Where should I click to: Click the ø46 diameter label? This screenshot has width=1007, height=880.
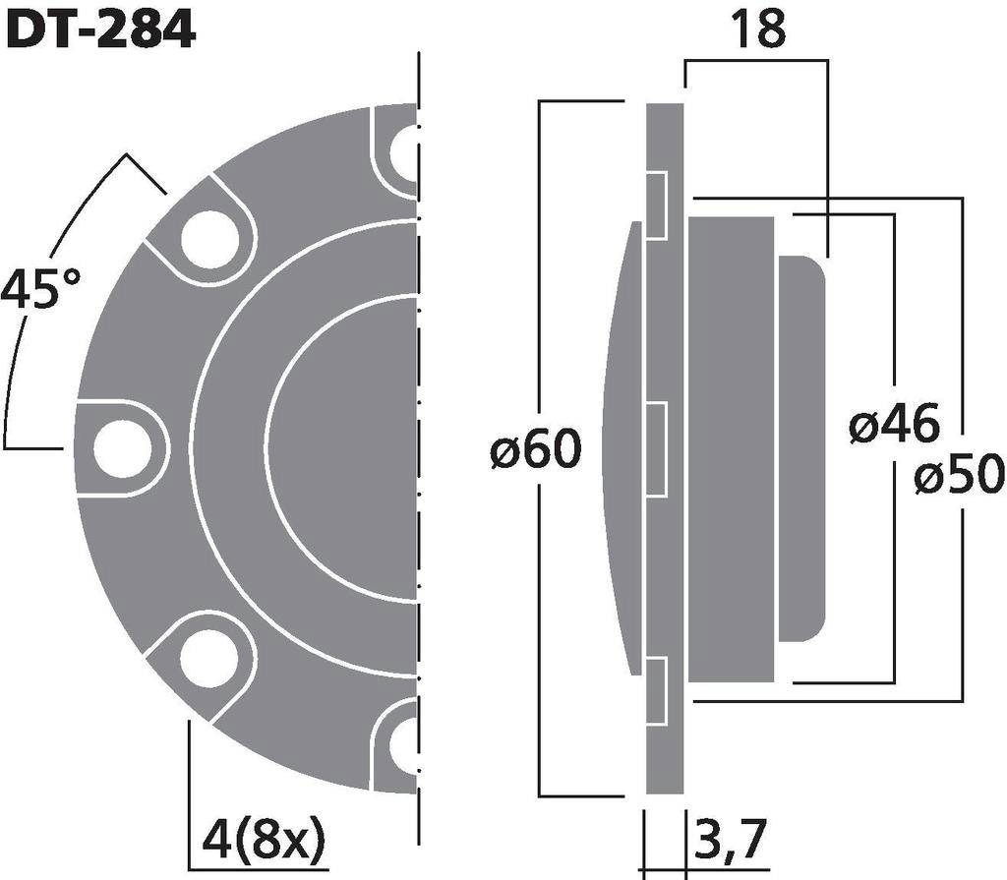click(894, 427)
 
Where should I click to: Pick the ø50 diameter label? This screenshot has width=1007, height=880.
click(958, 477)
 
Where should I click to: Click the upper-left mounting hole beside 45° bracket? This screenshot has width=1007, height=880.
click(208, 239)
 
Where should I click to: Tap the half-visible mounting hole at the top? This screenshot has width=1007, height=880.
click(404, 152)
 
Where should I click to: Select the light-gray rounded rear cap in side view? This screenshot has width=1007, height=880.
click(804, 448)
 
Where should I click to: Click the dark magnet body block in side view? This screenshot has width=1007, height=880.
click(733, 448)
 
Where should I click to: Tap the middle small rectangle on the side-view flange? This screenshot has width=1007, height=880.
click(656, 448)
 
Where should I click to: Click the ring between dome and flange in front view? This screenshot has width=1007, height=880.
click(228, 448)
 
